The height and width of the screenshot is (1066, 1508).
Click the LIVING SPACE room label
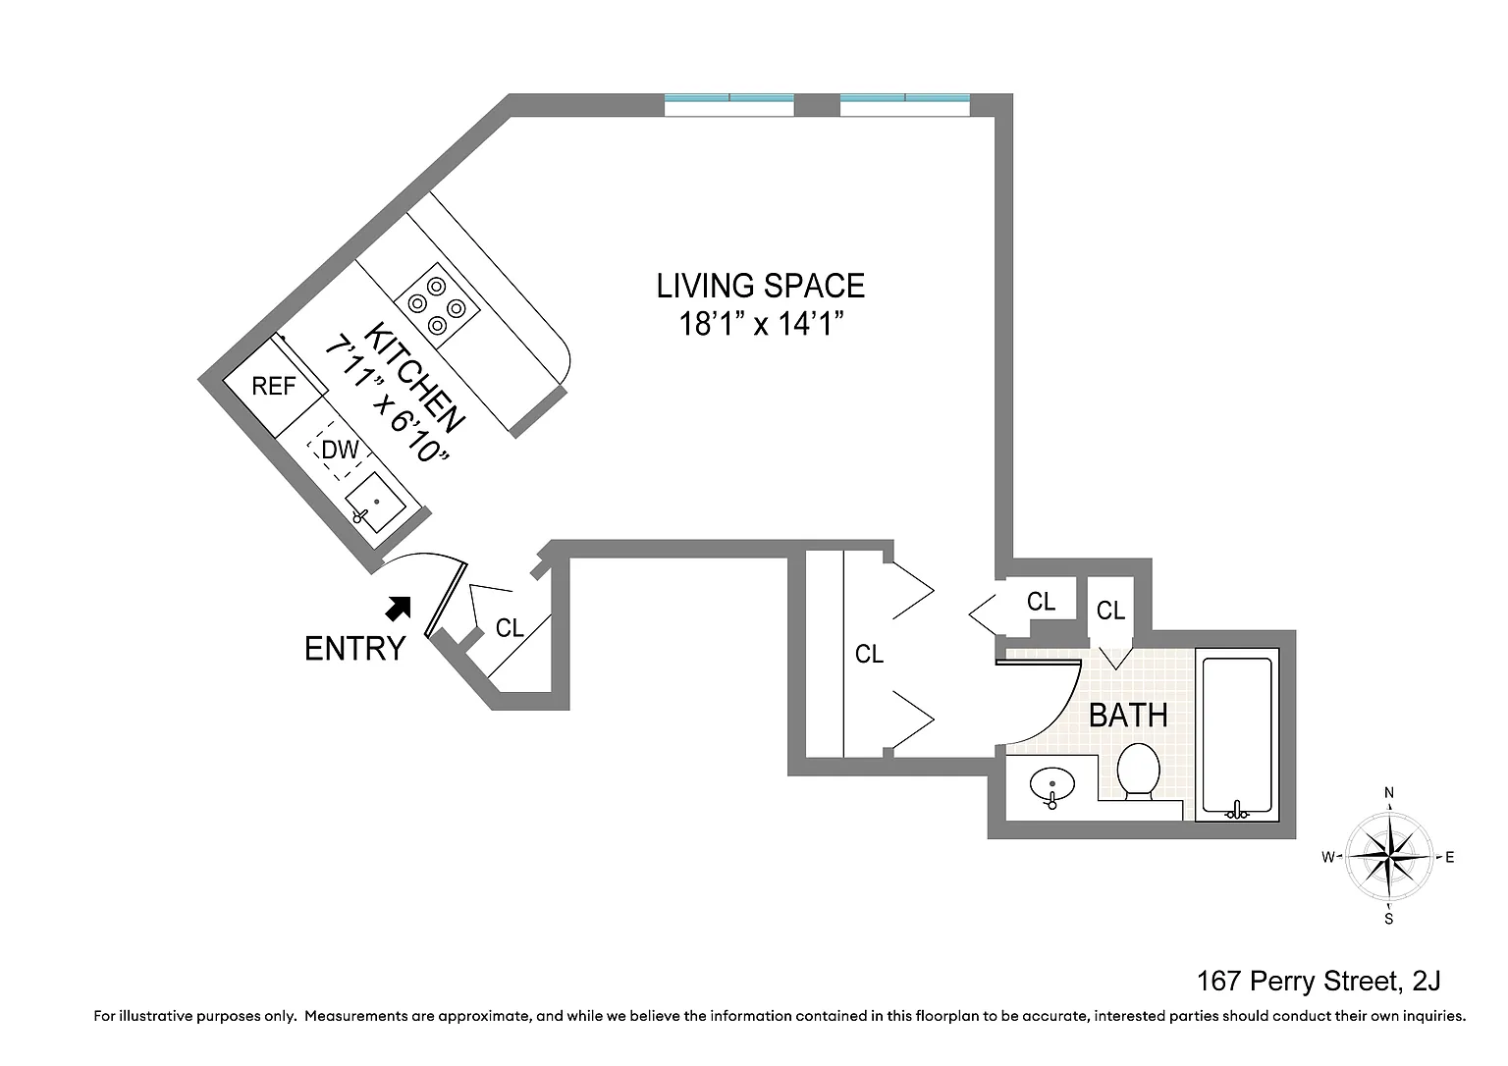760,286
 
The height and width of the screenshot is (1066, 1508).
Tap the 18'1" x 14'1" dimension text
761,324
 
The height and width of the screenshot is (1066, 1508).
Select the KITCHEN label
413,378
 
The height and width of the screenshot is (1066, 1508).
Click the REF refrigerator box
274,387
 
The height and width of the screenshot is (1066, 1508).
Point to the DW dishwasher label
340,450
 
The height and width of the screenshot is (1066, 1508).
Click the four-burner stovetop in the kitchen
437,306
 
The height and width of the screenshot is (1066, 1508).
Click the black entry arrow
398,608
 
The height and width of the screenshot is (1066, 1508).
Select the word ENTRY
354,649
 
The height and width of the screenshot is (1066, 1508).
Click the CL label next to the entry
509,628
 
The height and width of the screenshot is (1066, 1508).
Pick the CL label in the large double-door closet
869,654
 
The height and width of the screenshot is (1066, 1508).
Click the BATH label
1128,716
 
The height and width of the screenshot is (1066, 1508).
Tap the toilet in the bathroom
1139,772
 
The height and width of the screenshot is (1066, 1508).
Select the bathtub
1237,735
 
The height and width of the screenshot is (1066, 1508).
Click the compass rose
1388,856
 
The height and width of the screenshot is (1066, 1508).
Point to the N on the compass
1389,793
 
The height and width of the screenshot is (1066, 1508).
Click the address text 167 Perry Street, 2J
1319,982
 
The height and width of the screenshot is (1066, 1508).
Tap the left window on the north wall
729,105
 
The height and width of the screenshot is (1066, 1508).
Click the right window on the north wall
905,105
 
